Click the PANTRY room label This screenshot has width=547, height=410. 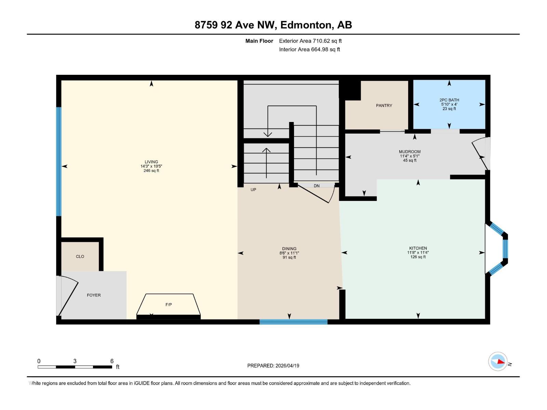point(384,106)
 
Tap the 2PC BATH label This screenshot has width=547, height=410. point(449,100)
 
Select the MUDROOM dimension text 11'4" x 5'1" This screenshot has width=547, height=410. point(410,156)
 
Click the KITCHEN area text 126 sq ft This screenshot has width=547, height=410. point(418,257)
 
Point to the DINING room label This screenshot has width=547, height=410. point(289,249)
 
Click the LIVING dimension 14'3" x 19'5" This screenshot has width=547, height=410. point(151,166)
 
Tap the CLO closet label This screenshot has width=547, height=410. point(80,257)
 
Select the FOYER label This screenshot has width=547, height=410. point(94,295)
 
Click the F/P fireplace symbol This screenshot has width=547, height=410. point(169,304)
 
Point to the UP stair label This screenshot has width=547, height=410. point(253,190)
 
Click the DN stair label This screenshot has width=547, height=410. point(317,186)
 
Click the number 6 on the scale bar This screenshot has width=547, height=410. point(112,361)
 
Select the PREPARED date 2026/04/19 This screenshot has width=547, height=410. point(287,366)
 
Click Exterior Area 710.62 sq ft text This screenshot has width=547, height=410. point(310,41)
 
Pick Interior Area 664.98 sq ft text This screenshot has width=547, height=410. point(309,50)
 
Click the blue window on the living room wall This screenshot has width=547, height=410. point(59,162)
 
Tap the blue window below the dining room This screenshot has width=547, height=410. point(293,322)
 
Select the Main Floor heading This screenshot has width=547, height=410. point(259,41)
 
